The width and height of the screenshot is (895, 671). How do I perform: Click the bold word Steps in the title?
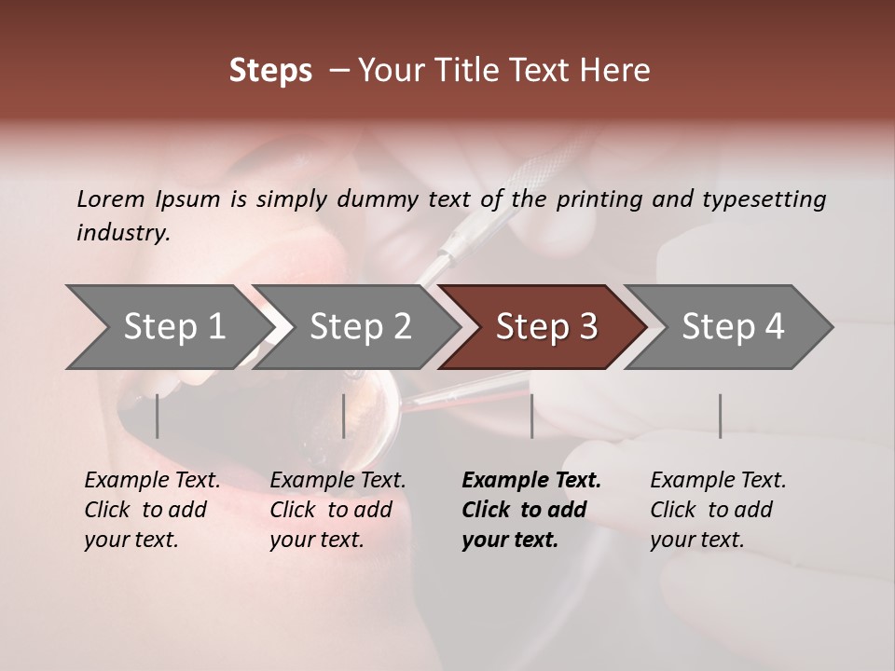pyautogui.click(x=270, y=71)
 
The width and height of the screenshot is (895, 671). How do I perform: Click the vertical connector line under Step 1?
pyautogui.click(x=157, y=416)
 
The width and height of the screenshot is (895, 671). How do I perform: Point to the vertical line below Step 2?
pyautogui.click(x=344, y=416)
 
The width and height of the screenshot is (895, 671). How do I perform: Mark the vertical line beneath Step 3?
pyautogui.click(x=531, y=416)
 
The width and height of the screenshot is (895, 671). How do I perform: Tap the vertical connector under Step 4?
pyautogui.click(x=720, y=416)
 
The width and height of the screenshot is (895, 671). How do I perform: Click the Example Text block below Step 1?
pyautogui.click(x=152, y=510)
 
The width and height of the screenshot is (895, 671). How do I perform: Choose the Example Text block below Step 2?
pyautogui.click(x=337, y=510)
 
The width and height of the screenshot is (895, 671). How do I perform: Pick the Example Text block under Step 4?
pyautogui.click(x=718, y=510)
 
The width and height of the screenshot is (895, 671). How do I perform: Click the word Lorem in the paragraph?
pyautogui.click(x=111, y=199)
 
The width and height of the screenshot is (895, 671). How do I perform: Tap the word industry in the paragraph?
pyautogui.click(x=123, y=232)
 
